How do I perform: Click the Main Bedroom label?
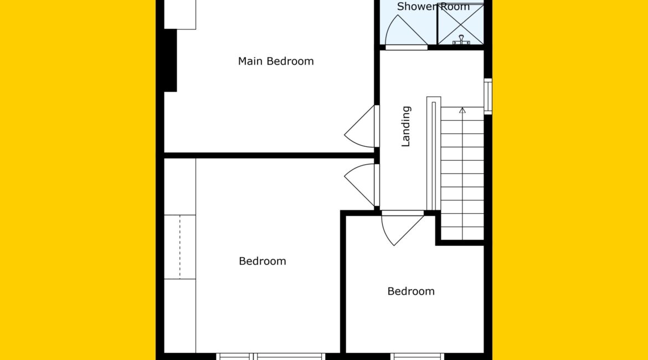pyautogui.click(x=276, y=61)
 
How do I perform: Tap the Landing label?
pyautogui.click(x=406, y=126)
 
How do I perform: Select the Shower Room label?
pyautogui.click(x=433, y=6)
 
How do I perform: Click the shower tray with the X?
pyautogui.click(x=460, y=24)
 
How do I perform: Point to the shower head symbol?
pyautogui.click(x=461, y=40)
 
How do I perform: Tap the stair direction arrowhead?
pyautogui.click(x=462, y=110)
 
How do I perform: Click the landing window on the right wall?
pyautogui.click(x=488, y=96)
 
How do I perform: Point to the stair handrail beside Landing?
pyautogui.click(x=434, y=154)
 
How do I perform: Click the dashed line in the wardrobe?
pyautogui.click(x=180, y=247)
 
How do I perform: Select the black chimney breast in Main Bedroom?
pyautogui.click(x=170, y=60)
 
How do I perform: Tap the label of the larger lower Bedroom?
pyautogui.click(x=263, y=261)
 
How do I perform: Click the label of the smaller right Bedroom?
pyautogui.click(x=411, y=291)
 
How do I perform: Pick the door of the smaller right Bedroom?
pyautogui.click(x=402, y=229)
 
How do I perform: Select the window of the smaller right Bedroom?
pyautogui.click(x=418, y=356)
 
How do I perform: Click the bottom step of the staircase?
pyautogui.click(x=462, y=233)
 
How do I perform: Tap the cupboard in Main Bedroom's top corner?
pyautogui.click(x=180, y=14)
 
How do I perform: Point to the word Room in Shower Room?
pyautogui.click(x=454, y=6)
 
